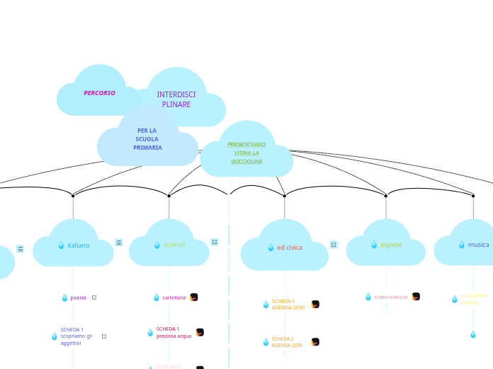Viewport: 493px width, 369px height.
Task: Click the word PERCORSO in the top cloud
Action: point(99,93)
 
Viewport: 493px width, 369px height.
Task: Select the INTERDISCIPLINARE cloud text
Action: point(176,99)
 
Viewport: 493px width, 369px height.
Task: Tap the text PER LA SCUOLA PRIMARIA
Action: point(147,139)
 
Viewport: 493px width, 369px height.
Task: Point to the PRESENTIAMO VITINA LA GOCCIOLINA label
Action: point(246,153)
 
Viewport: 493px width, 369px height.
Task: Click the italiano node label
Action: point(78,246)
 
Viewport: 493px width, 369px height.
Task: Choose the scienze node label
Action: point(174,245)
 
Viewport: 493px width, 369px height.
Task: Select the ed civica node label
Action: point(289,248)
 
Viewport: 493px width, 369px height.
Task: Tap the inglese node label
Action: point(390,245)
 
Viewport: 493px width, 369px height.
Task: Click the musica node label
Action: point(478,245)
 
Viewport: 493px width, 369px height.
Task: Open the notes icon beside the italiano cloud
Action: point(119,243)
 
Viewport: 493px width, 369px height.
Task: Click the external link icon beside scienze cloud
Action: point(215,242)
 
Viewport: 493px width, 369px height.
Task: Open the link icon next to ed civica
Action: point(334,245)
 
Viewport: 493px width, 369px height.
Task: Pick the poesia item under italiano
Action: point(78,297)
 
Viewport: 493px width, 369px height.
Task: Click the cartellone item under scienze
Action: point(174,297)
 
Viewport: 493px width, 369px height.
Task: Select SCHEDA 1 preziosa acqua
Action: point(174,332)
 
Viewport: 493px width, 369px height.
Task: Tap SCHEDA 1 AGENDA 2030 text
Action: point(288,304)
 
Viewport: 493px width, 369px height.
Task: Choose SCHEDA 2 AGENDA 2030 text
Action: point(287,342)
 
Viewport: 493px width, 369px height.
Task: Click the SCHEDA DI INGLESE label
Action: point(390,297)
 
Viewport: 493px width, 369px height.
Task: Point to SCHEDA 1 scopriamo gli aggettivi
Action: point(76,336)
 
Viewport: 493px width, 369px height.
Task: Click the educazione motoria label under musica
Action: point(473,299)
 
